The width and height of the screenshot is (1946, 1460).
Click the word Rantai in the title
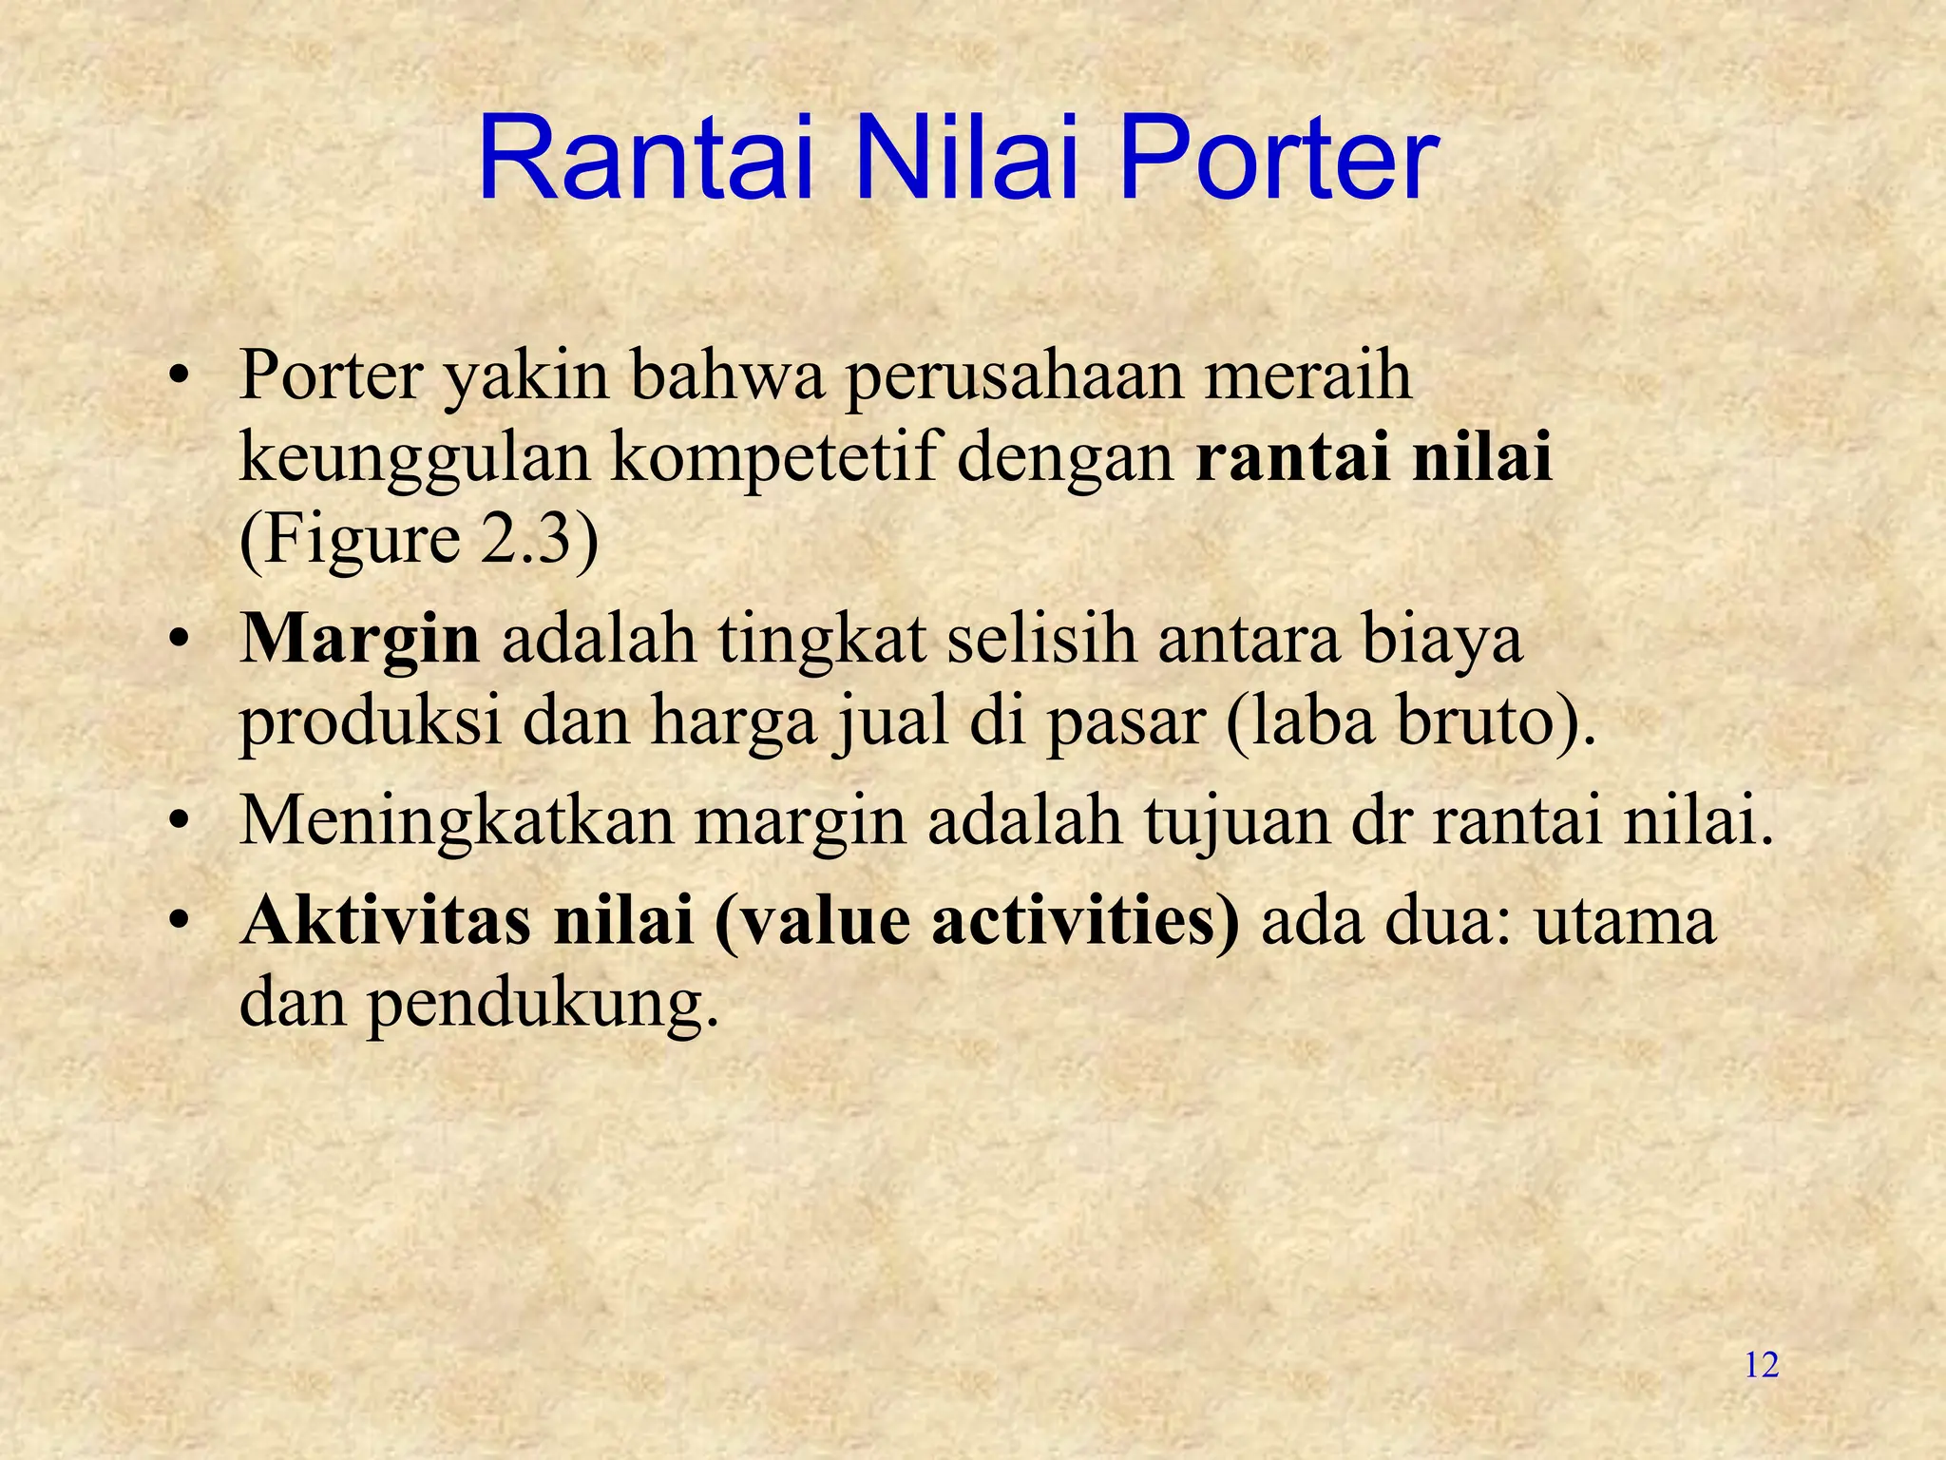tap(645, 159)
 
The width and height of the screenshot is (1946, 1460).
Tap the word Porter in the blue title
tap(1279, 159)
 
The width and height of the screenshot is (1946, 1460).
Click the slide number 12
tap(1762, 1366)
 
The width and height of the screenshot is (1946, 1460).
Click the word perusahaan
tap(1014, 378)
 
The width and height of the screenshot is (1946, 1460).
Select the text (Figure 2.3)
tap(419, 541)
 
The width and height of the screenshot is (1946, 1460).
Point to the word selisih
tap(1041, 639)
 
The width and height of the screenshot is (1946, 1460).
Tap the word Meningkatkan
tap(456, 822)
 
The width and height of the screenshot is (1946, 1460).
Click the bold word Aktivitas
tap(385, 921)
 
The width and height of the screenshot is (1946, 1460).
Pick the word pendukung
tap(542, 1005)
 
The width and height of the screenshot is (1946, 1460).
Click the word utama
tap(1625, 921)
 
